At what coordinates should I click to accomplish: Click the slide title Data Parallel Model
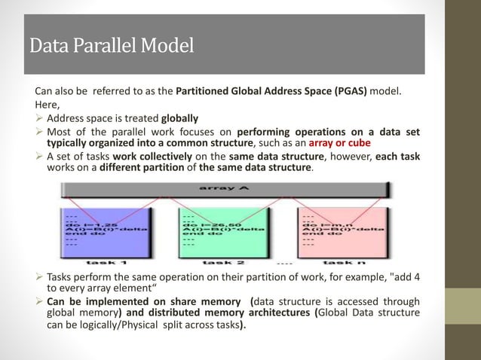pyautogui.click(x=111, y=46)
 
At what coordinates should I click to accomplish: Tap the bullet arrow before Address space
pyautogui.click(x=40, y=118)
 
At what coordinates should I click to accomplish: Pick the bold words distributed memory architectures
pyautogui.click(x=238, y=313)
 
